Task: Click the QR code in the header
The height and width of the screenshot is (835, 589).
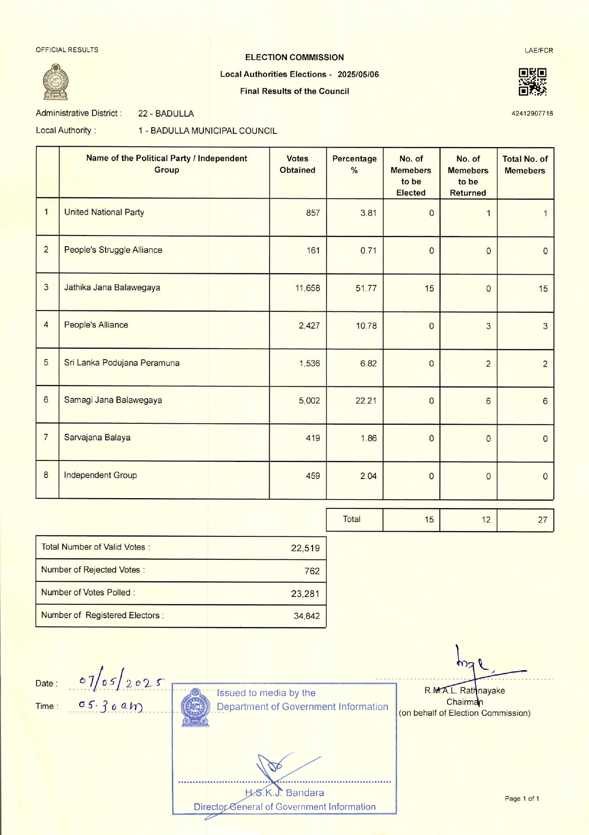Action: pos(532,82)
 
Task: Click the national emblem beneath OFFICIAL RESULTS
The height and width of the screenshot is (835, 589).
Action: pos(56,82)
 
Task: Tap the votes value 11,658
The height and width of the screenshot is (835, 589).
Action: pos(307,288)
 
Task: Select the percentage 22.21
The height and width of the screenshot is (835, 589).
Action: pos(366,401)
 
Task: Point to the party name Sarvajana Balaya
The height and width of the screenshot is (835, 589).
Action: pos(97,438)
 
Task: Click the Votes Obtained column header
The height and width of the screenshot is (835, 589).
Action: pos(297,164)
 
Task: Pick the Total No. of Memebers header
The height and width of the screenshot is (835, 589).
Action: pos(525,165)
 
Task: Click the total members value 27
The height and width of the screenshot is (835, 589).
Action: pos(542,520)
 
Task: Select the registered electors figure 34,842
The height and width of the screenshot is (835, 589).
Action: pos(306,616)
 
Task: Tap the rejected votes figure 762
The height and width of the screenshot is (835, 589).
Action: pos(312,571)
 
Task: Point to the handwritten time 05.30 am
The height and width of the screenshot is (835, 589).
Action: pos(110,706)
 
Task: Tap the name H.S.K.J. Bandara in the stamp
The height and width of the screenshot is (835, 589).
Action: pos(284,793)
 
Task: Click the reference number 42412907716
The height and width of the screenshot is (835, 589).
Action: pos(532,114)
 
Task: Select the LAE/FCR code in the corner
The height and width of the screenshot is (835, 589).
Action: pos(539,51)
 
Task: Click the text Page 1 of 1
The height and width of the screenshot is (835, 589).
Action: pos(522,799)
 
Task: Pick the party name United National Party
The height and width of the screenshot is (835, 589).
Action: pos(104,213)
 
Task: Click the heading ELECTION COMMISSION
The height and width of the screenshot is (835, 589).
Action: pos(294,57)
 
